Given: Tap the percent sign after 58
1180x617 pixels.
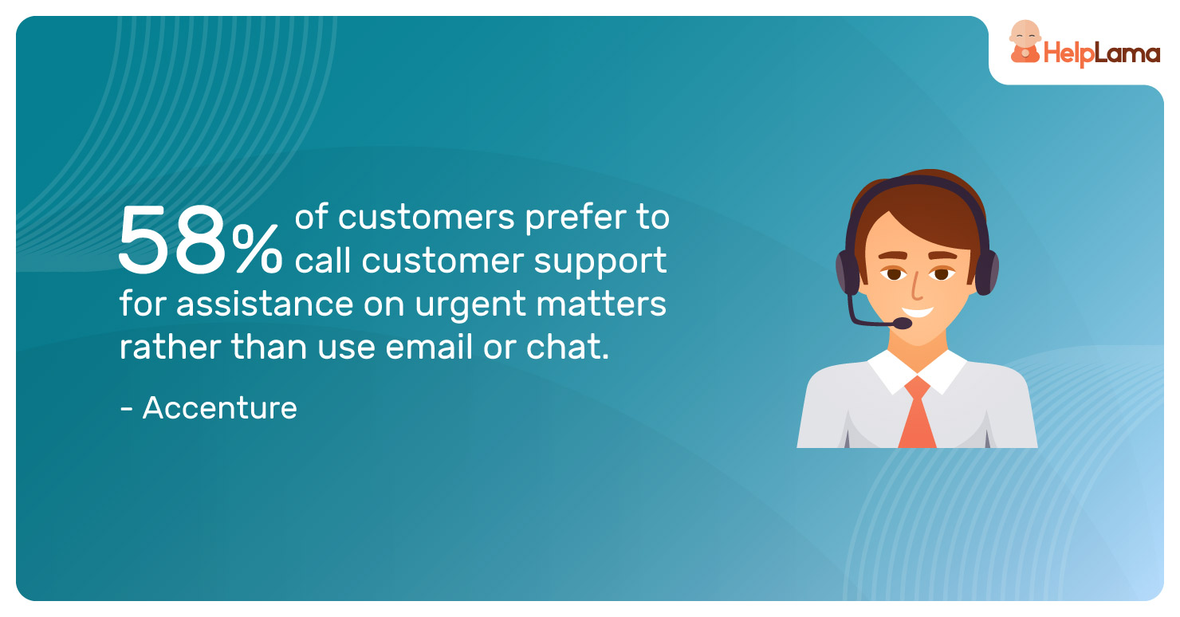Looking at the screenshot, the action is click(257, 248).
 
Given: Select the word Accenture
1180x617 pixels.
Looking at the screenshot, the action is click(220, 408).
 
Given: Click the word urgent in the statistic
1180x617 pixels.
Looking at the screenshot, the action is click(470, 305).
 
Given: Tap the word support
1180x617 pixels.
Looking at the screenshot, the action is click(600, 262).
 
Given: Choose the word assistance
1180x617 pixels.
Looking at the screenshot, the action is click(265, 304).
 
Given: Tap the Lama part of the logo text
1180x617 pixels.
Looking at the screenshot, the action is click(1127, 53).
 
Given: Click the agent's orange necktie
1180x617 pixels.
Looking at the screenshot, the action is click(917, 413).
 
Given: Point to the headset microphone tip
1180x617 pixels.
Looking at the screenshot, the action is click(903, 323).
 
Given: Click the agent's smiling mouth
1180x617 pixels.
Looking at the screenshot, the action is click(917, 313).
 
